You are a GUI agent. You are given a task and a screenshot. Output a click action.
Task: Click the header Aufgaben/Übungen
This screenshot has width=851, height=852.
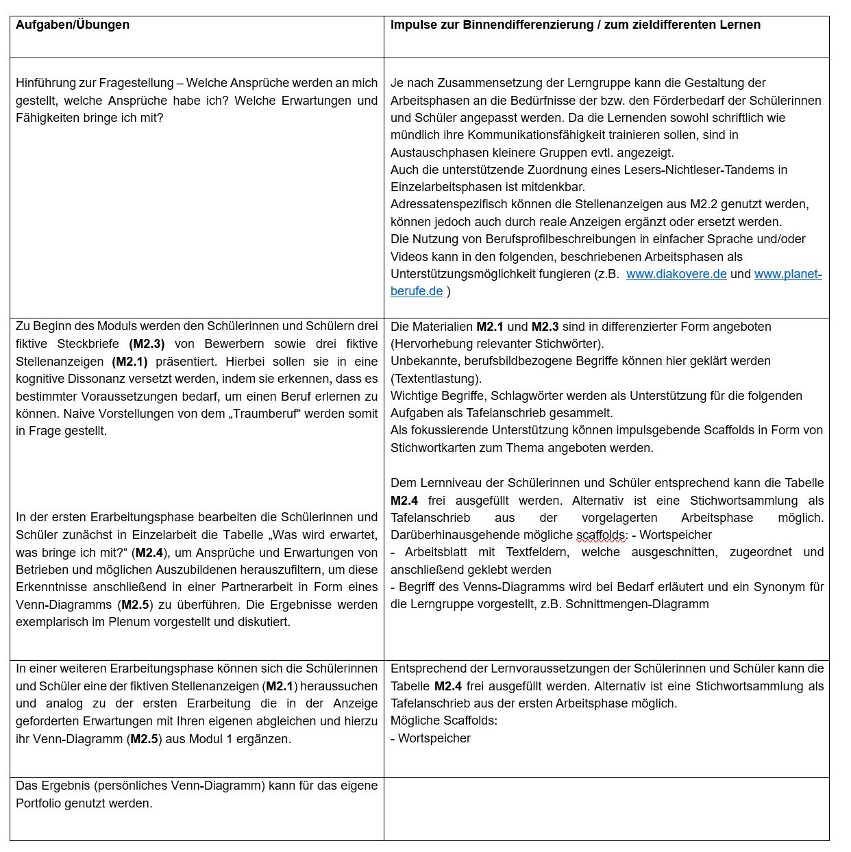[73, 25]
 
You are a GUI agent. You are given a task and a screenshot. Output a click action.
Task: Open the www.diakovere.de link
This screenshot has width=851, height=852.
[676, 274]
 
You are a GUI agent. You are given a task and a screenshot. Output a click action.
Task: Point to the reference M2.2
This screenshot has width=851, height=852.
[703, 204]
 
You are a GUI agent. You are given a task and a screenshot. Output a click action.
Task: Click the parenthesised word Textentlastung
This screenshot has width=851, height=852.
[436, 379]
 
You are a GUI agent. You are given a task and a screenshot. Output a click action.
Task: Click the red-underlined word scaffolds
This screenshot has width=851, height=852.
[600, 535]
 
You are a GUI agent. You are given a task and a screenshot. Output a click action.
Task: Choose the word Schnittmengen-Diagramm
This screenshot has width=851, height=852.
[637, 604]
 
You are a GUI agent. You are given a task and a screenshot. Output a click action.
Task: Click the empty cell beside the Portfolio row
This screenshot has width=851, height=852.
[606, 808]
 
